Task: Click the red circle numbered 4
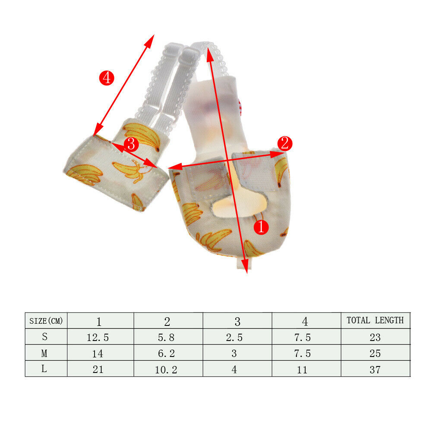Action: click(107, 78)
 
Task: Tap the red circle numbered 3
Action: click(131, 144)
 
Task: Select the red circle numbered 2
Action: click(285, 143)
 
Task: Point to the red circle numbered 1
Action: click(261, 227)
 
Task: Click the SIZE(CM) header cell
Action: click(46, 321)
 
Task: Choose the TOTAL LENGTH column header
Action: click(375, 320)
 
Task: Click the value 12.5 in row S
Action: click(98, 338)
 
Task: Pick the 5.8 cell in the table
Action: click(166, 338)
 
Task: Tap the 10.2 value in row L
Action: click(166, 370)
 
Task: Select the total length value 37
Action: click(375, 370)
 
